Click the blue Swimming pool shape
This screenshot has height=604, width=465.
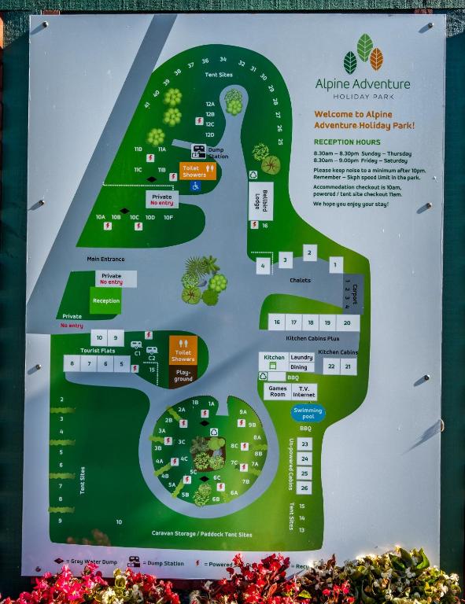pyautogui.click(x=308, y=412)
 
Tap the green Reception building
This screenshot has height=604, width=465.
pyautogui.click(x=105, y=300)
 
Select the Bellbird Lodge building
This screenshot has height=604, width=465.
pyautogui.click(x=260, y=201)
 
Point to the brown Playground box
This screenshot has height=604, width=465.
pyautogui.click(x=183, y=376)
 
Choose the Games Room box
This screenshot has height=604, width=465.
pyautogui.click(x=277, y=391)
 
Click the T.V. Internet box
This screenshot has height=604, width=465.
pyautogui.click(x=304, y=391)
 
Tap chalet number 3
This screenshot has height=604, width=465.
pyautogui.click(x=285, y=260)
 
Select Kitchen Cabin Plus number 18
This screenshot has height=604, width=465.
pyautogui.click(x=311, y=322)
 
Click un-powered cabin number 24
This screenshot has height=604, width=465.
pyautogui.click(x=304, y=459)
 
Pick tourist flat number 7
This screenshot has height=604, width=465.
pyautogui.click(x=88, y=363)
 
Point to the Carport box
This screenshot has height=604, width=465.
pyautogui.click(x=352, y=293)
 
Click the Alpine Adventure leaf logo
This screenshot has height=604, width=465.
pyautogui.click(x=363, y=55)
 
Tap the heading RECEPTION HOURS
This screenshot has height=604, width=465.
pyautogui.click(x=347, y=142)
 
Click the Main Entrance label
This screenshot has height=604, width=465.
pyautogui.click(x=105, y=259)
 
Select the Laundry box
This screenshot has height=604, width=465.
pyautogui.click(x=301, y=357)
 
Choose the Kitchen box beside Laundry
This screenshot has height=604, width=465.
pyautogui.click(x=274, y=358)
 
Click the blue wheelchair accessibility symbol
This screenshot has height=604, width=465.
pyautogui.click(x=195, y=186)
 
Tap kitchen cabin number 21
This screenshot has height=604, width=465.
pyautogui.click(x=349, y=366)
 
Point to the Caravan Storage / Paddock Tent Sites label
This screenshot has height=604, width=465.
pyautogui.click(x=202, y=534)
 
